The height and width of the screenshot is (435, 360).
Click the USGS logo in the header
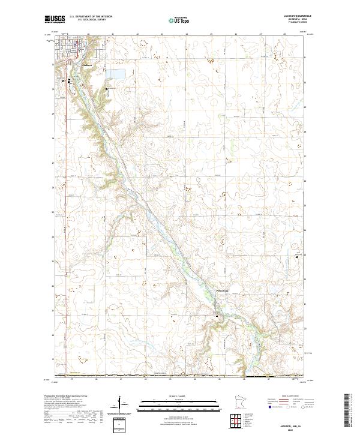55,19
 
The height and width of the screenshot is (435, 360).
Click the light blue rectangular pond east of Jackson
116,74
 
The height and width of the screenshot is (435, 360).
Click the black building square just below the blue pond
107,89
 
